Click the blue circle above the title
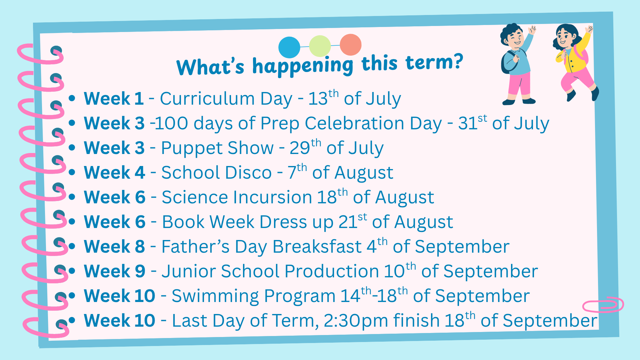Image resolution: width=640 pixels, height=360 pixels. pyautogui.click(x=289, y=47)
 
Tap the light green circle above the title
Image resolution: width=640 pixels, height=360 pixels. pyautogui.click(x=320, y=46)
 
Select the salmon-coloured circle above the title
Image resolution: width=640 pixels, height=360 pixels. pyautogui.click(x=351, y=45)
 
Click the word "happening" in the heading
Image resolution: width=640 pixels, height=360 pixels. pyautogui.click(x=303, y=66)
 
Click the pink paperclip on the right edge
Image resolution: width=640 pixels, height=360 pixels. pyautogui.click(x=603, y=304)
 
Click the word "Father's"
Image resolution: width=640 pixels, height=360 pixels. pyautogui.click(x=195, y=247)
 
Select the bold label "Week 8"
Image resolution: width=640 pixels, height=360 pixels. pyautogui.click(x=115, y=247)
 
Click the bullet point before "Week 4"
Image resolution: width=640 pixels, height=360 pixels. pyautogui.click(x=72, y=172)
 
